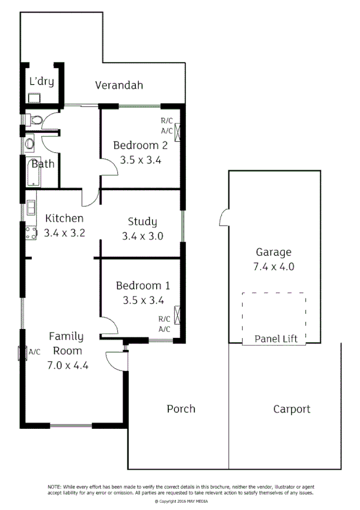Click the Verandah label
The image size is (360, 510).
[x=119, y=85]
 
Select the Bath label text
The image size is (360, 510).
[x=43, y=164]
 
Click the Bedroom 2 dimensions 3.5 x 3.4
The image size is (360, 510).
[x=141, y=161]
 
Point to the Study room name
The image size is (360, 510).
[x=142, y=222]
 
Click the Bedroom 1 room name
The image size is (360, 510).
[x=142, y=286]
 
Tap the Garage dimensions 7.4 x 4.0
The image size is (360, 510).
[x=273, y=267]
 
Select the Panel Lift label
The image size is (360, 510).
[x=276, y=339]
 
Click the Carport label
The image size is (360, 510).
[x=291, y=410]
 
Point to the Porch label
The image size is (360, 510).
[x=180, y=409]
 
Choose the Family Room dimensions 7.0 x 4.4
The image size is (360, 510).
[x=68, y=364]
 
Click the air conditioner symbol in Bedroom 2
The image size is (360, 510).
[x=178, y=131]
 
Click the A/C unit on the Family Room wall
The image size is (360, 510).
[x=22, y=352]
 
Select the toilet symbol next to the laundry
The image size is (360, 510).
[x=36, y=119]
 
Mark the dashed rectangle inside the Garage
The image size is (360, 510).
[x=273, y=319]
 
